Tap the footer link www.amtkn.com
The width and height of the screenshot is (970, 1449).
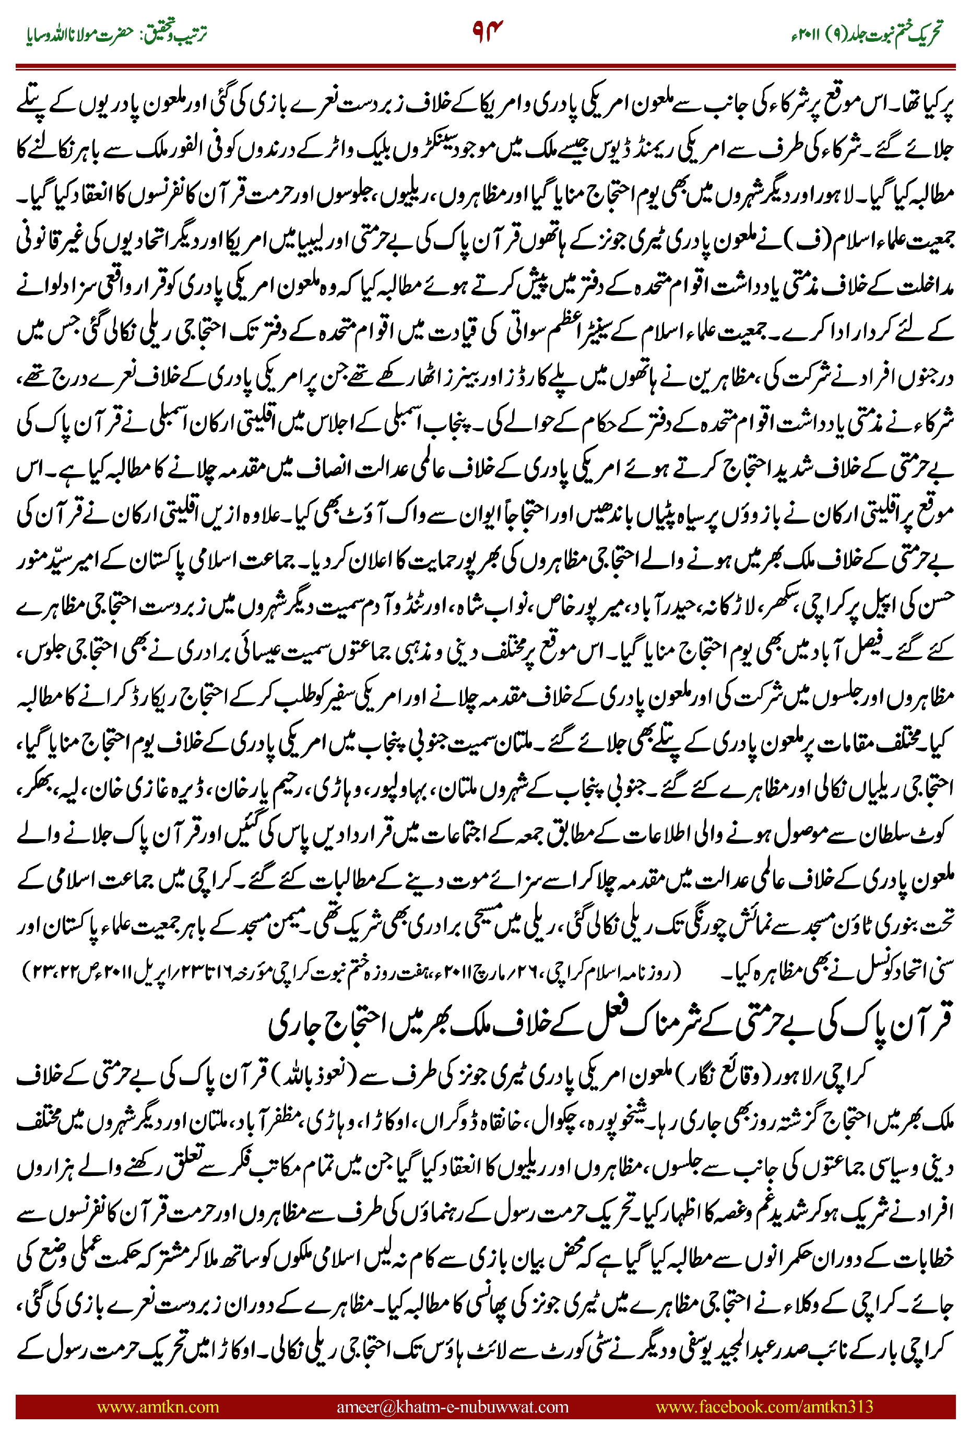tap(158, 1406)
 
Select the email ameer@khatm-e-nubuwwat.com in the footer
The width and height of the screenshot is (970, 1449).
tap(452, 1406)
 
